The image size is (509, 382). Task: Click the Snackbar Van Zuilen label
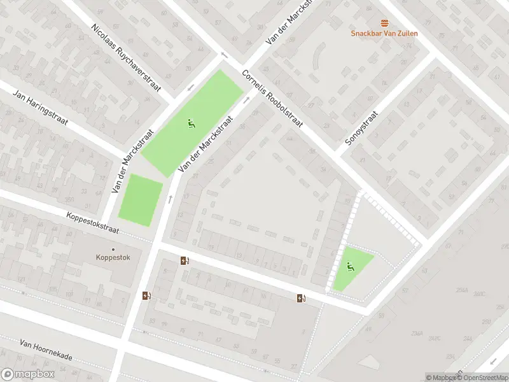pyautogui.click(x=384, y=33)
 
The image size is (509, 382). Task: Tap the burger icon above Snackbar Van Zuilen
pyautogui.click(x=384, y=23)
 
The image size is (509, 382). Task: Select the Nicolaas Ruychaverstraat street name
pyautogui.click(x=127, y=58)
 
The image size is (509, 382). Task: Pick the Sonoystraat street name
pyautogui.click(x=362, y=129)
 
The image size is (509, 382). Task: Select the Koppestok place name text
pyautogui.click(x=113, y=258)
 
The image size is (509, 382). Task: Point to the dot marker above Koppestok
pyautogui.click(x=113, y=250)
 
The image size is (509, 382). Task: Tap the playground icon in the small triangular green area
pyautogui.click(x=349, y=267)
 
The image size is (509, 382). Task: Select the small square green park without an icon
pyautogui.click(x=141, y=200)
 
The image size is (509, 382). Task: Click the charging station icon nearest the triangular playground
pyautogui.click(x=301, y=298)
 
